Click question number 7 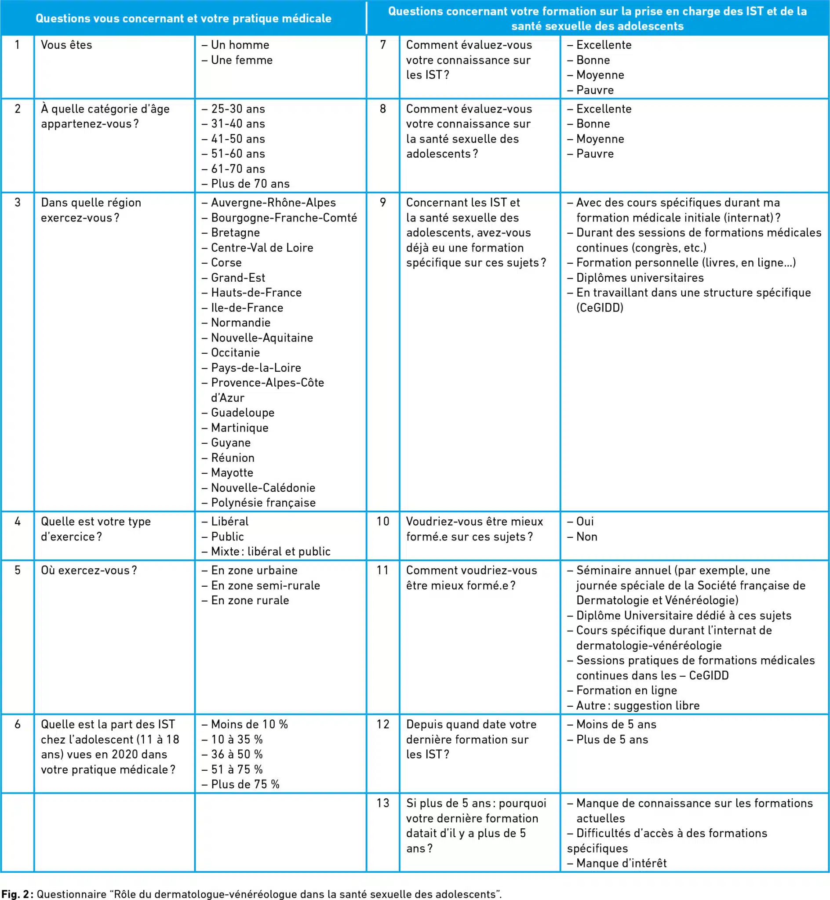(x=382, y=45)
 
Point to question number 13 (x=382, y=803)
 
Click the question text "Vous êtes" (x=66, y=45)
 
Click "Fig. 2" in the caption (x=15, y=894)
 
